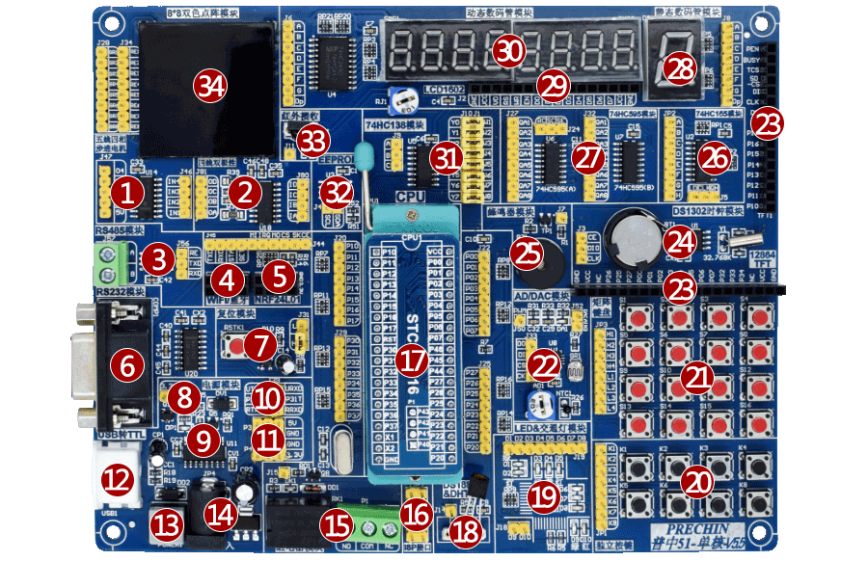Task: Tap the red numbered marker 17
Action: (412, 361)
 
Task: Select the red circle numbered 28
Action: (681, 67)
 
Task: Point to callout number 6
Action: (126, 365)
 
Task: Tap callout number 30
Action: (509, 50)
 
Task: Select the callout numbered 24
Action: (681, 241)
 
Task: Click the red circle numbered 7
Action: (258, 344)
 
